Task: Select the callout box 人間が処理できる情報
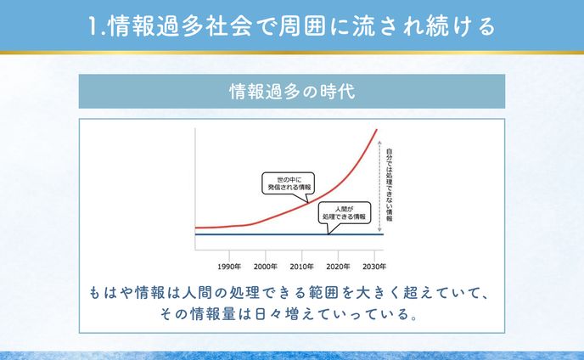click(345, 212)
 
